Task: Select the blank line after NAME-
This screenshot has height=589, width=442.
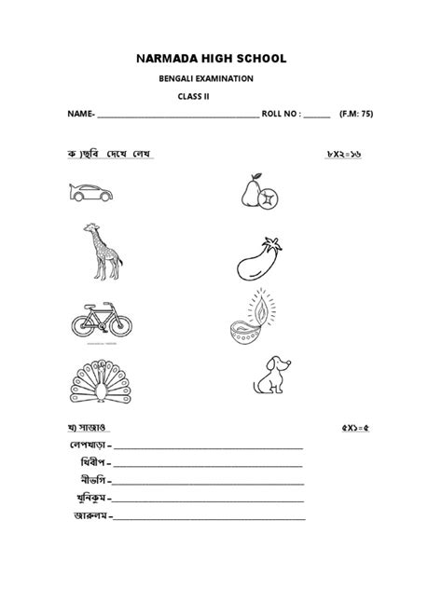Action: pos(177,116)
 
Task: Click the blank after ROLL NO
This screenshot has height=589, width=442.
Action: pos(316,116)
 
